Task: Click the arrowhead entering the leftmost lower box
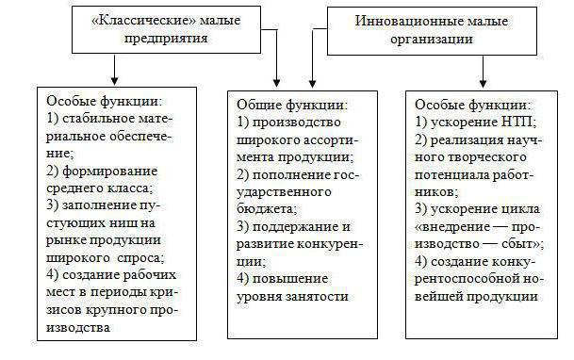click(x=115, y=81)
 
